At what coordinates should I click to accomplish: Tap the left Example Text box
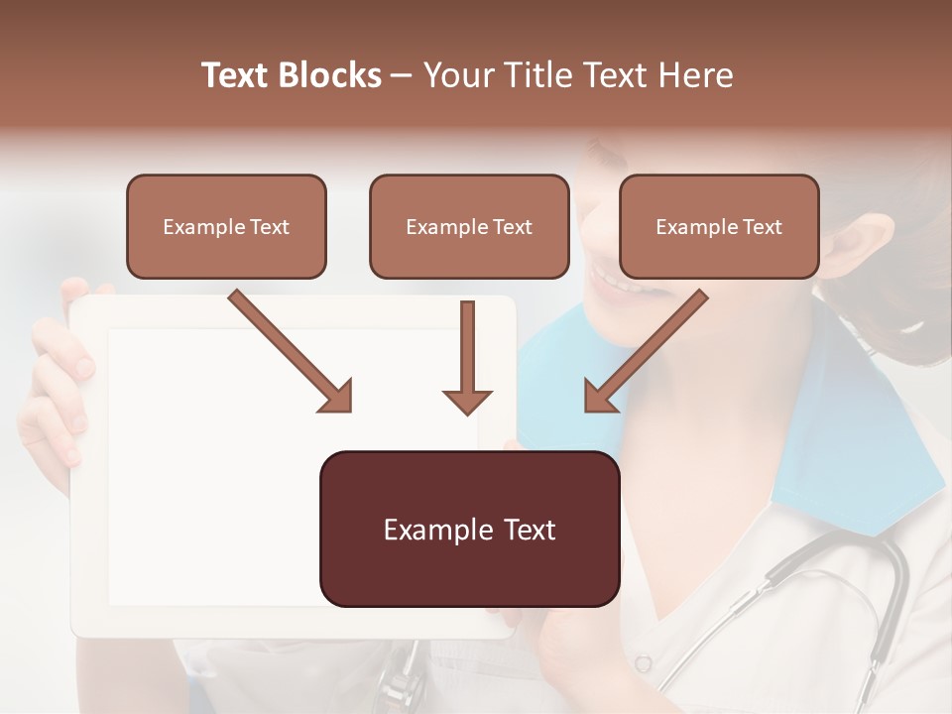[x=226, y=227]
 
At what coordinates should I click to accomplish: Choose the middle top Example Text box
[x=469, y=227]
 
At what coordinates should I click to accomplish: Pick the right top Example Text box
[x=719, y=227]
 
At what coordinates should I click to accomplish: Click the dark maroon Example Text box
[x=469, y=530]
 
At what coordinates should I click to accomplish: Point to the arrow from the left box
[x=290, y=351]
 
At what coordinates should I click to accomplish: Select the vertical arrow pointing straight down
[x=467, y=357]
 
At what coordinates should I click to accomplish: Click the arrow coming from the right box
[x=647, y=351]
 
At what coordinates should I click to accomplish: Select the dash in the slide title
[x=402, y=75]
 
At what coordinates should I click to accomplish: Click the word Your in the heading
[x=459, y=75]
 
